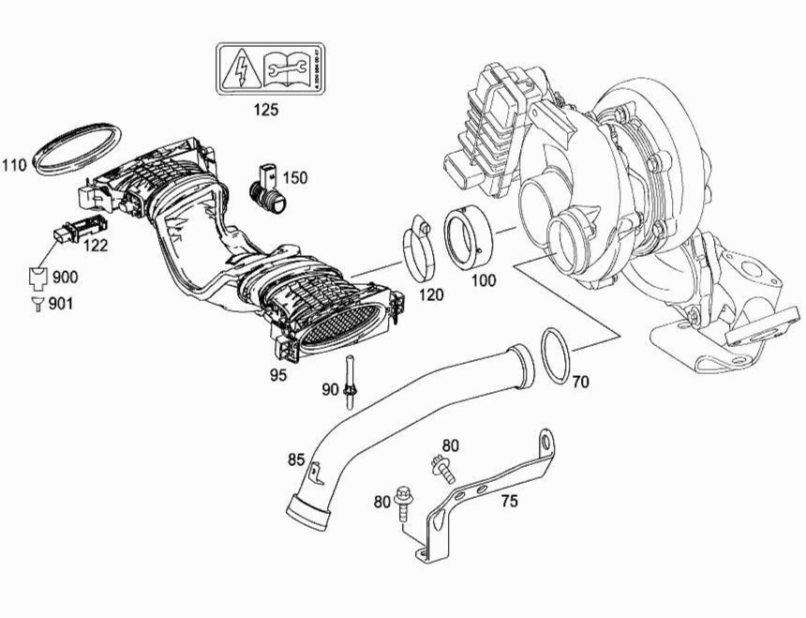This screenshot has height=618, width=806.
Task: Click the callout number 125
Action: pos(266,109)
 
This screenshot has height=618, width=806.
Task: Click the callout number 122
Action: pos(97,246)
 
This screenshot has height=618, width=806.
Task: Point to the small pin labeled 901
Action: pos(37,303)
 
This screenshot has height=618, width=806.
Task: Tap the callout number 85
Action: pos(296,460)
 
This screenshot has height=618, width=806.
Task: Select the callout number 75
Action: pos(509,502)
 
